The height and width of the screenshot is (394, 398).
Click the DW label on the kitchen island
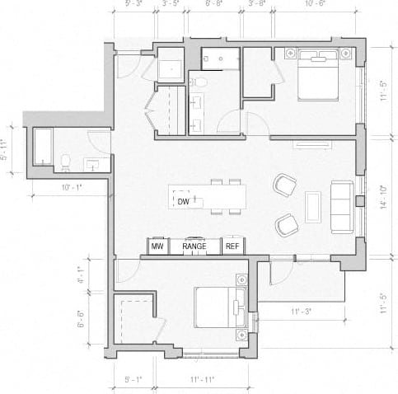[x=182, y=200]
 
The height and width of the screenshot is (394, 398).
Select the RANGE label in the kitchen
[x=194, y=246]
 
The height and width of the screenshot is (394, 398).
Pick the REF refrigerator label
[x=232, y=246]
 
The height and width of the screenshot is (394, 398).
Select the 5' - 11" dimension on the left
[x=12, y=148]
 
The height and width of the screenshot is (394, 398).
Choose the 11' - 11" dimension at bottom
[x=203, y=380]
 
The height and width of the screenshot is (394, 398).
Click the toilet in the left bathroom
[x=65, y=161]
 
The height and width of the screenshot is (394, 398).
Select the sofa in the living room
[x=341, y=205]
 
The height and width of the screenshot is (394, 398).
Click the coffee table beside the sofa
[x=312, y=206]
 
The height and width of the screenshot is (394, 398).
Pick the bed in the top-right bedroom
[x=317, y=74]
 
